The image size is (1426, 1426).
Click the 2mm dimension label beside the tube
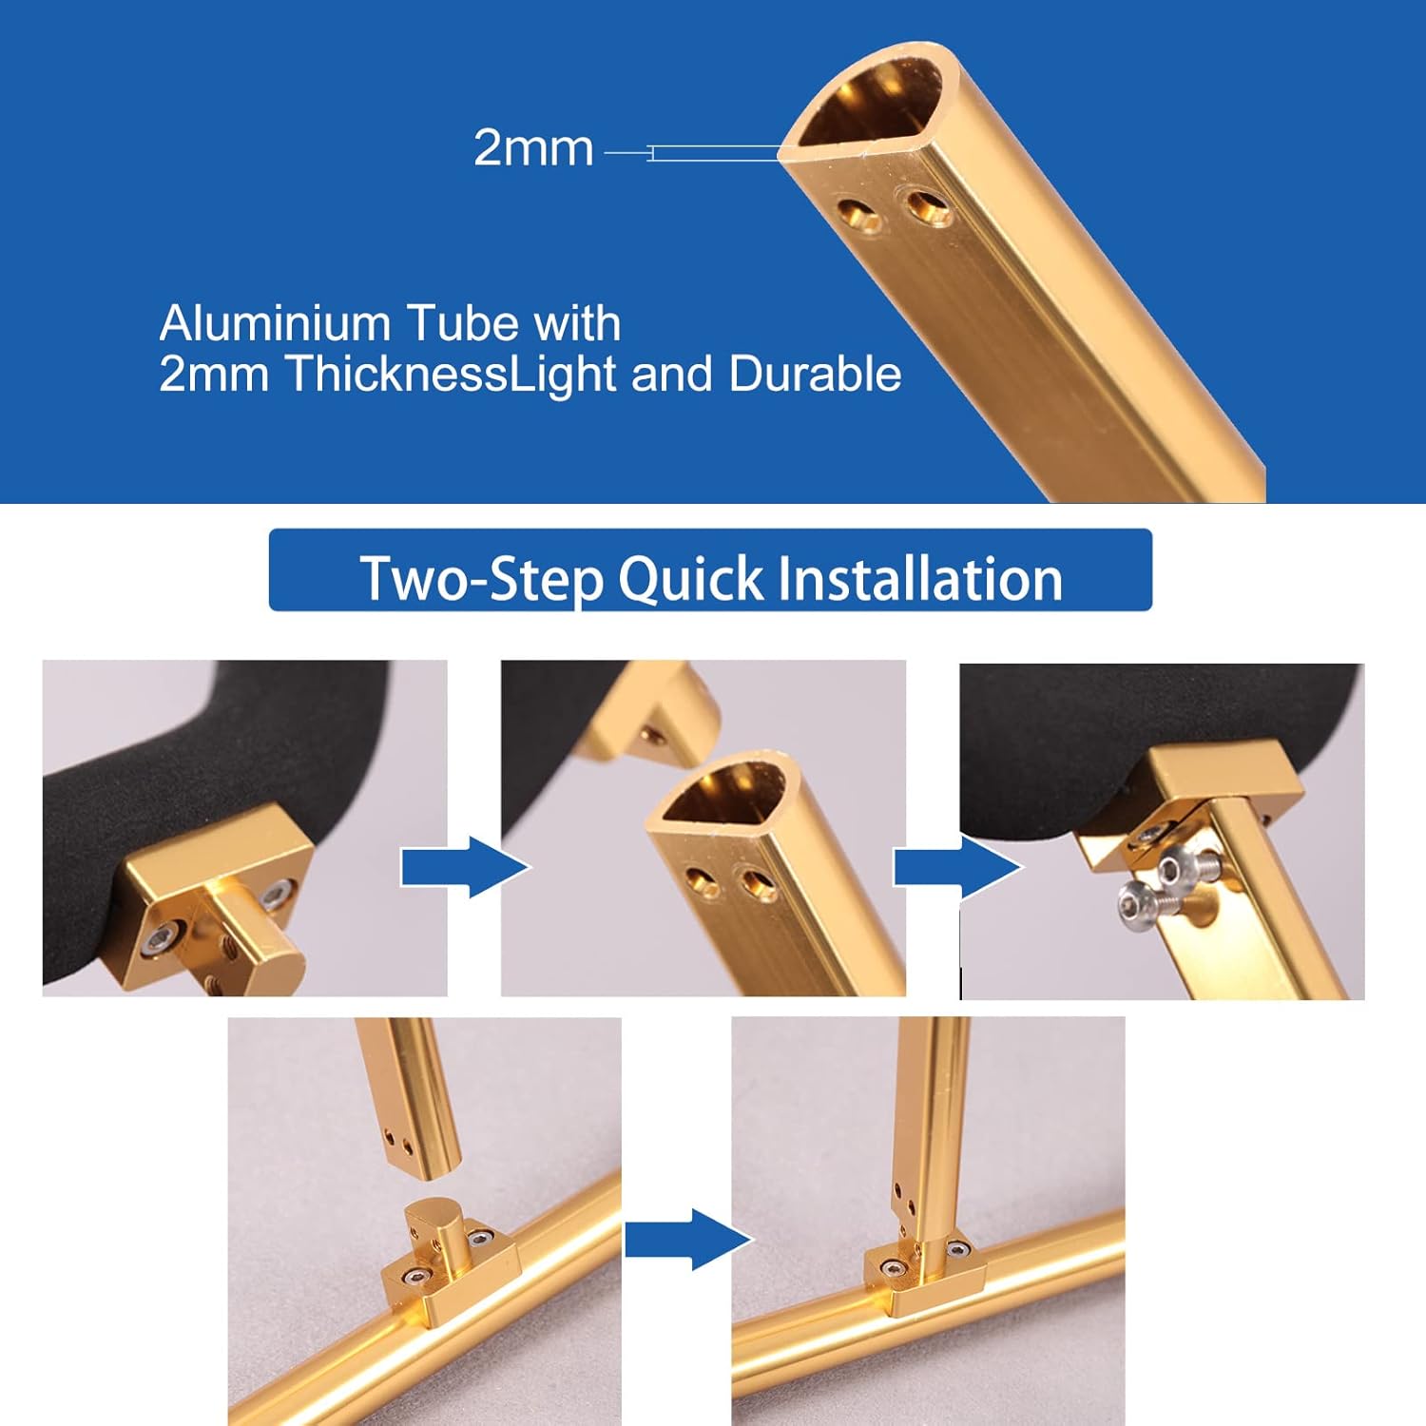click(x=533, y=149)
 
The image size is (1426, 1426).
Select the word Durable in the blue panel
click(x=815, y=374)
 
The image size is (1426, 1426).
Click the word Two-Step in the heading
click(x=482, y=578)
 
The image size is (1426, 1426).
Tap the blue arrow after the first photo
click(x=465, y=868)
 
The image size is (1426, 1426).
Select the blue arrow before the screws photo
click(x=957, y=868)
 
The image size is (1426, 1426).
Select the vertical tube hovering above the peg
click(x=407, y=1091)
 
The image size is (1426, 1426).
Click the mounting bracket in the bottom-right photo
click(x=918, y=1276)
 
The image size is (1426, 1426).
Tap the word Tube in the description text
click(x=461, y=323)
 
